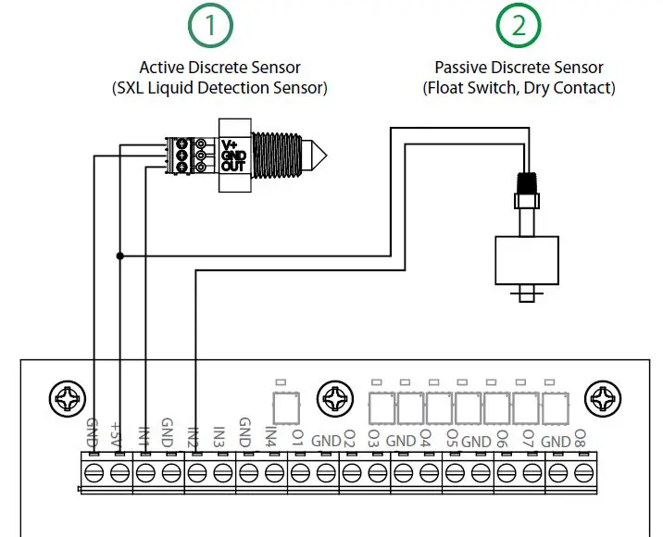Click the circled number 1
tap(213, 27)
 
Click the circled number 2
tap(519, 27)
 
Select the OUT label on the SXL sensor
tap(232, 167)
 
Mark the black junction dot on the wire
tap(119, 256)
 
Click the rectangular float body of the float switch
tap(527, 260)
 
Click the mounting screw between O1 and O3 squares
tap(334, 402)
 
